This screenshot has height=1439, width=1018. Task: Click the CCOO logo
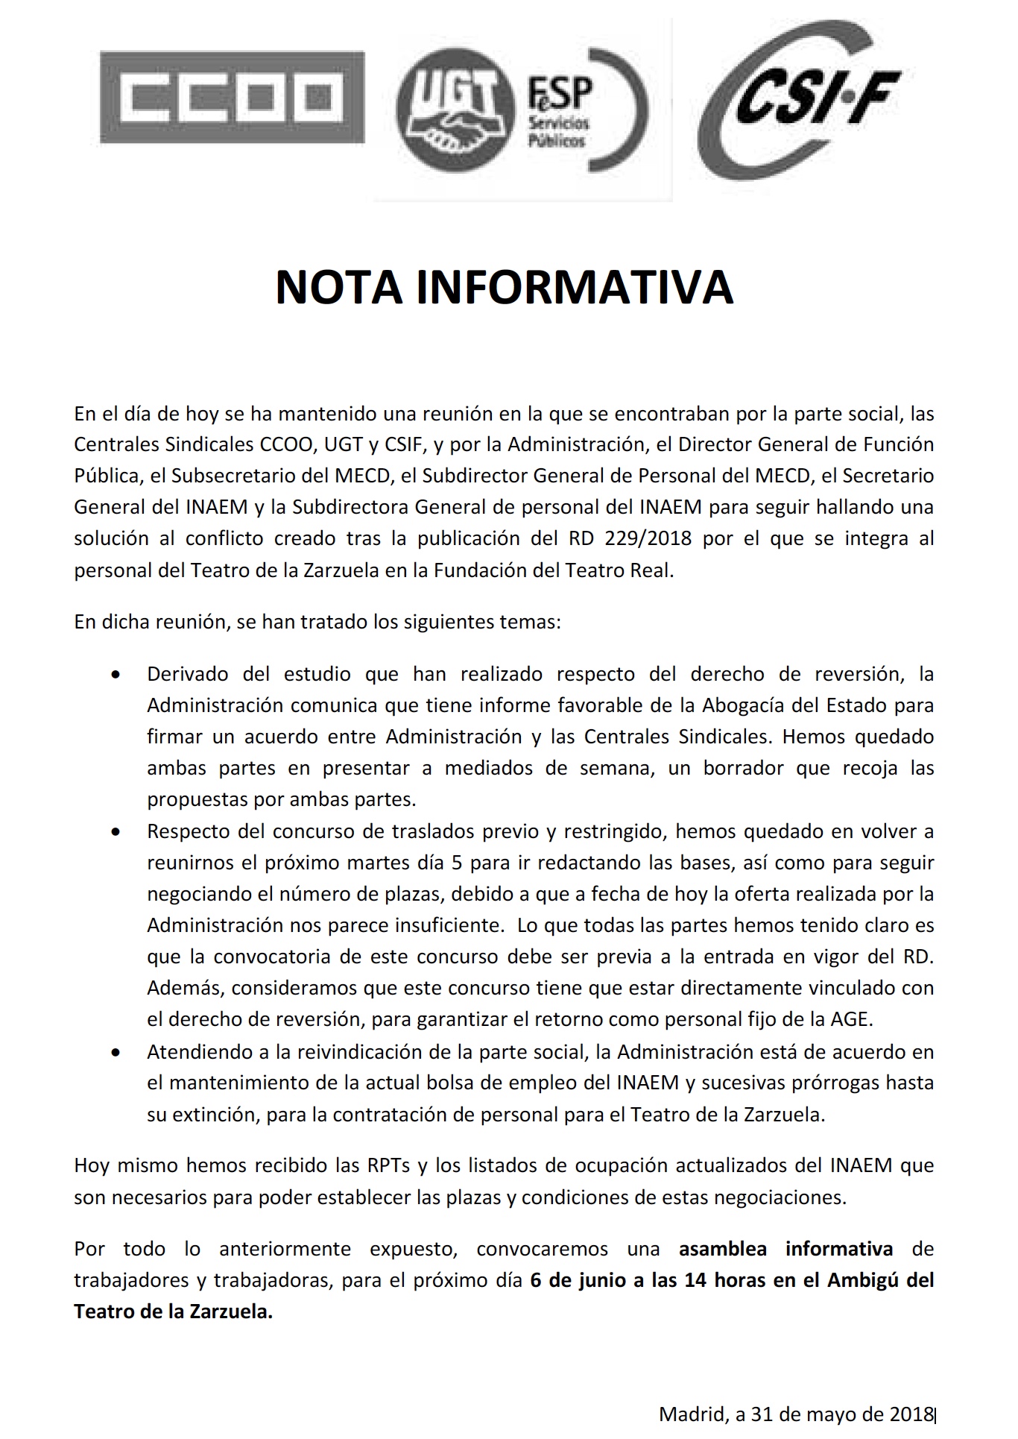tap(232, 97)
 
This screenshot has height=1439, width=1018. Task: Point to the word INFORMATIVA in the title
tap(575, 287)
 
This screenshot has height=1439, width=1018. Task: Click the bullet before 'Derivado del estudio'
tap(115, 675)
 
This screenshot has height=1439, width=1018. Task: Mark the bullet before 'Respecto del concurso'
tap(115, 831)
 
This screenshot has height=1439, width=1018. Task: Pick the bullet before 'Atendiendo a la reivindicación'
tap(115, 1053)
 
